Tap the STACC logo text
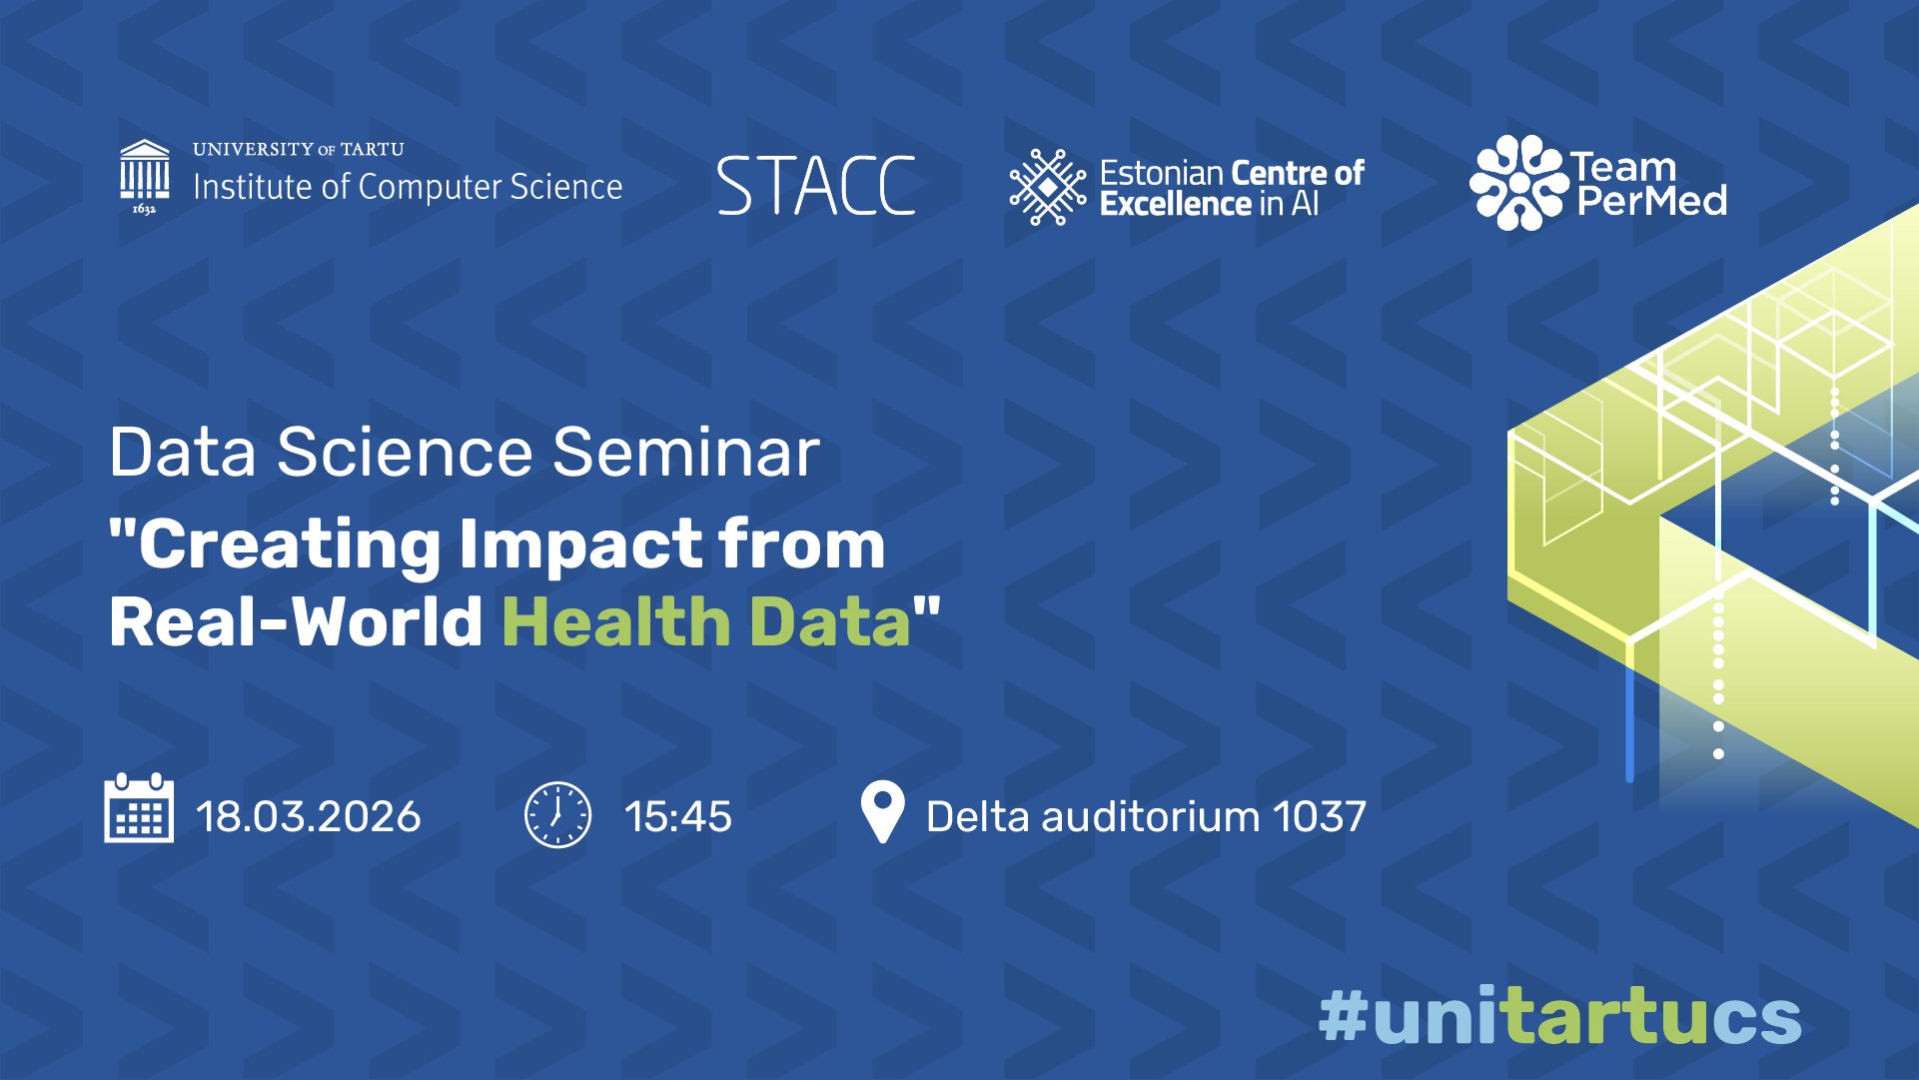coord(816,187)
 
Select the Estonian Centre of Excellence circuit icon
coord(1047,187)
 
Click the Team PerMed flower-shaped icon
coord(1516,183)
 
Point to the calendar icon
coord(139,808)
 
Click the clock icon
coord(557,815)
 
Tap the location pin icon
coord(882,812)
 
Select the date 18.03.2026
coord(309,817)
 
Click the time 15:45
coord(678,817)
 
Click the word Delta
coord(977,817)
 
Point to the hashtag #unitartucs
coord(1559,1017)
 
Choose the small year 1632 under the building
coord(144,209)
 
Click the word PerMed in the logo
coord(1651,201)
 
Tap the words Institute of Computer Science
coord(408,187)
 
